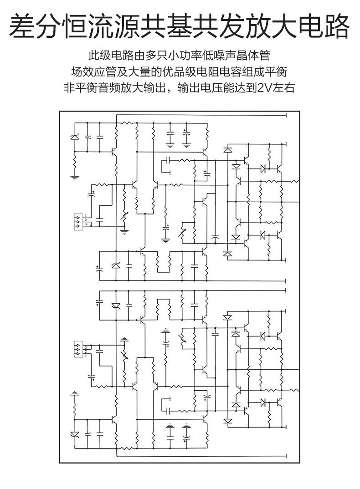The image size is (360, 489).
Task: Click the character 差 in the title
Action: click(22, 27)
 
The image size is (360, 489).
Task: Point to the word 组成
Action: click(259, 71)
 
